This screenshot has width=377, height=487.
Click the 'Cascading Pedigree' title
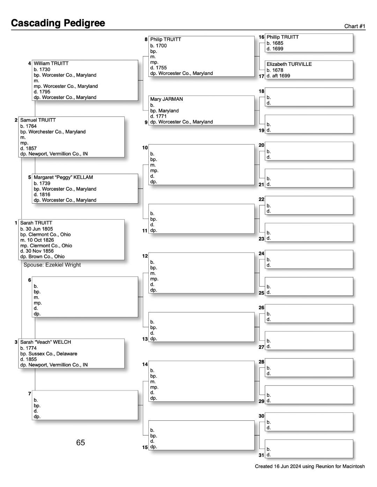(58, 23)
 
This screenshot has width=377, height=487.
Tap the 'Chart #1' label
(354, 26)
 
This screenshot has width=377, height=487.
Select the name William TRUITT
(51, 63)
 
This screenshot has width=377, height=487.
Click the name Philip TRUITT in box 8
(165, 39)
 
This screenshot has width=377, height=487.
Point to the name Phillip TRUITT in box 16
(282, 37)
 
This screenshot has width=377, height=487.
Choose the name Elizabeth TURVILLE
(289, 64)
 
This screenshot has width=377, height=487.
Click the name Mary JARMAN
(167, 99)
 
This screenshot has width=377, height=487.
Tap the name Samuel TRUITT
(38, 120)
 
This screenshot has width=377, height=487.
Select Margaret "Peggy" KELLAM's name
(63, 177)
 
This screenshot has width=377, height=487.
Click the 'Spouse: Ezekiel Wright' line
(52, 265)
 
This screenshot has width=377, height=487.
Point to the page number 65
(80, 442)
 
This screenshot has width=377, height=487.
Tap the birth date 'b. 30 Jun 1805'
(37, 229)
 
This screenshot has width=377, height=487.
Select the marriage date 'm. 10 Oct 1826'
(37, 240)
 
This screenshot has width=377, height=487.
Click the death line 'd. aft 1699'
(278, 76)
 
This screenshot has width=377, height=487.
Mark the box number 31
(261, 455)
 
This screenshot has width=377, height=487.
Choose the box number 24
(261, 253)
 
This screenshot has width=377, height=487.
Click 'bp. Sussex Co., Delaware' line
(49, 353)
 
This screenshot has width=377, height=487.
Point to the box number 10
(145, 147)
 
